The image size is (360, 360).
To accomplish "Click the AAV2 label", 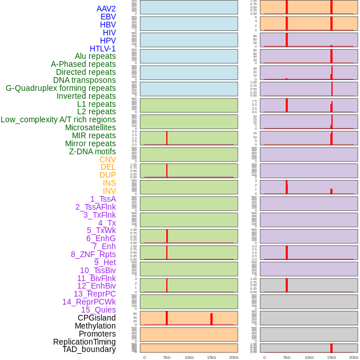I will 106,9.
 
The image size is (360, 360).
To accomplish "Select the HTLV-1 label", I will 102,49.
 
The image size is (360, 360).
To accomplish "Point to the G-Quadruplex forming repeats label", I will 61,88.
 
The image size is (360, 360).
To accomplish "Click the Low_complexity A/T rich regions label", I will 58,119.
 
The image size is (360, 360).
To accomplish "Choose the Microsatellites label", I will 90,127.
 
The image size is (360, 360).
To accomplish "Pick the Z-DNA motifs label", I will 93,151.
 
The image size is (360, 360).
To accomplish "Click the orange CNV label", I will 107,159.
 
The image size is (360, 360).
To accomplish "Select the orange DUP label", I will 107,175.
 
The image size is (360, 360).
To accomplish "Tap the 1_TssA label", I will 103,199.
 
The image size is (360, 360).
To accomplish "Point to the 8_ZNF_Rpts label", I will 93,254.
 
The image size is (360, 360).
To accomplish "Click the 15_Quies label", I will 98,310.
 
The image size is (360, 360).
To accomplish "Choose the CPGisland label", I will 97,318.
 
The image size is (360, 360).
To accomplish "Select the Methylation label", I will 95,326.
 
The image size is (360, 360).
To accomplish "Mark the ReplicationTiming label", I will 84,342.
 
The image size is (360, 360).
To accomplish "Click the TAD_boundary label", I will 89,349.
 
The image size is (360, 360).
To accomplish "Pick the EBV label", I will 108,17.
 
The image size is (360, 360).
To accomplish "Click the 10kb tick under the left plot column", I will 189,357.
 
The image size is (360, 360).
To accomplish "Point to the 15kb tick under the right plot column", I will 331,357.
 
